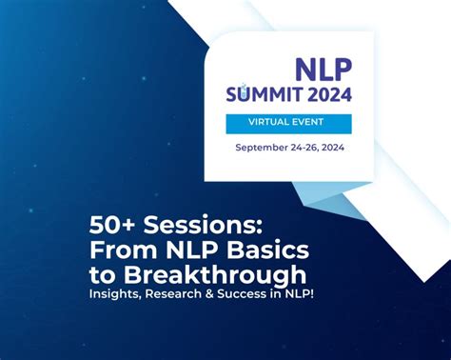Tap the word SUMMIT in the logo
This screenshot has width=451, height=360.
pyautogui.click(x=264, y=93)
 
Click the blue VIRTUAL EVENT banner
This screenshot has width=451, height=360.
pyautogui.click(x=288, y=124)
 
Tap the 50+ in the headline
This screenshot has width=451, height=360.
pyautogui.click(x=109, y=225)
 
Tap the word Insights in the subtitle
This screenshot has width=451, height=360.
pyautogui.click(x=117, y=294)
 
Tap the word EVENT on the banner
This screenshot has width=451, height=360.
pyautogui.click(x=311, y=124)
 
